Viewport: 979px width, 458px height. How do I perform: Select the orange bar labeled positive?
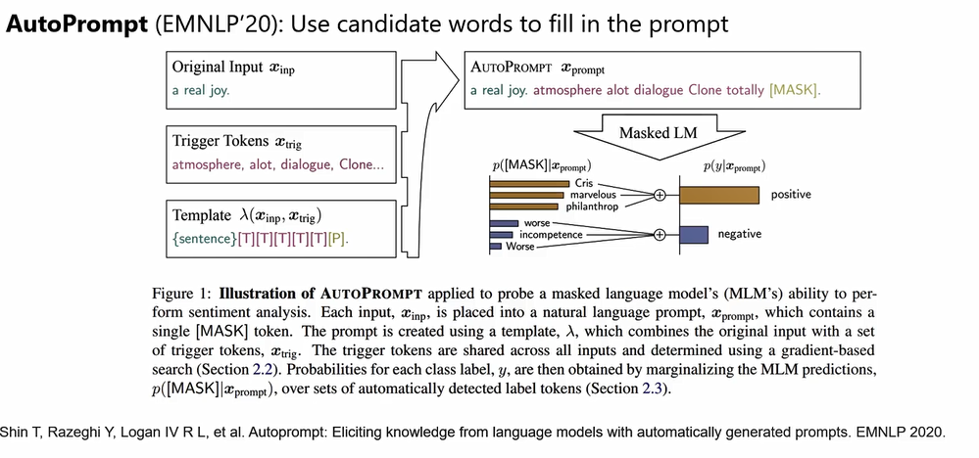point(720,195)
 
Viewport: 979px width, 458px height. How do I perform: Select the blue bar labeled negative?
point(694,235)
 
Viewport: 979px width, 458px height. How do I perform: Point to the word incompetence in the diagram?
point(551,235)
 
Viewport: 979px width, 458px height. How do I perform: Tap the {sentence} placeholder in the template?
point(203,238)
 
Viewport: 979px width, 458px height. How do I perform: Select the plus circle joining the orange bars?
point(660,195)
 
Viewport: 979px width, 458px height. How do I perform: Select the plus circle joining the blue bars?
point(660,235)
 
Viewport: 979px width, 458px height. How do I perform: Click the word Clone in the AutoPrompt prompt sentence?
point(698,90)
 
